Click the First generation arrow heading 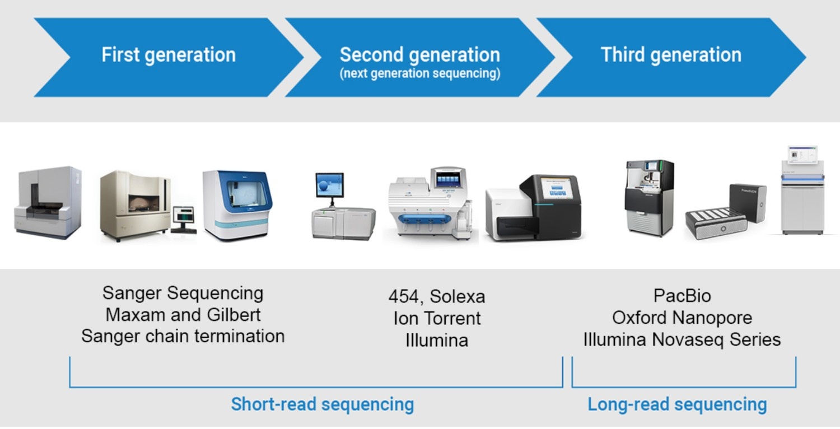tap(168, 55)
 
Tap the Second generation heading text tap(419, 54)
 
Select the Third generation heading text tap(671, 55)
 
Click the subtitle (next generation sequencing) tap(419, 73)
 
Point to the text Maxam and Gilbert tap(183, 315)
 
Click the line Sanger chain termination tap(183, 336)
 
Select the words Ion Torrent tap(437, 318)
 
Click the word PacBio tap(682, 295)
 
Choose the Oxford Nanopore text tap(682, 318)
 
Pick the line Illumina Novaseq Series tap(682, 339)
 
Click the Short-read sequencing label tap(323, 404)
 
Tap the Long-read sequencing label tap(677, 404)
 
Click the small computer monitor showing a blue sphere tap(329, 185)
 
